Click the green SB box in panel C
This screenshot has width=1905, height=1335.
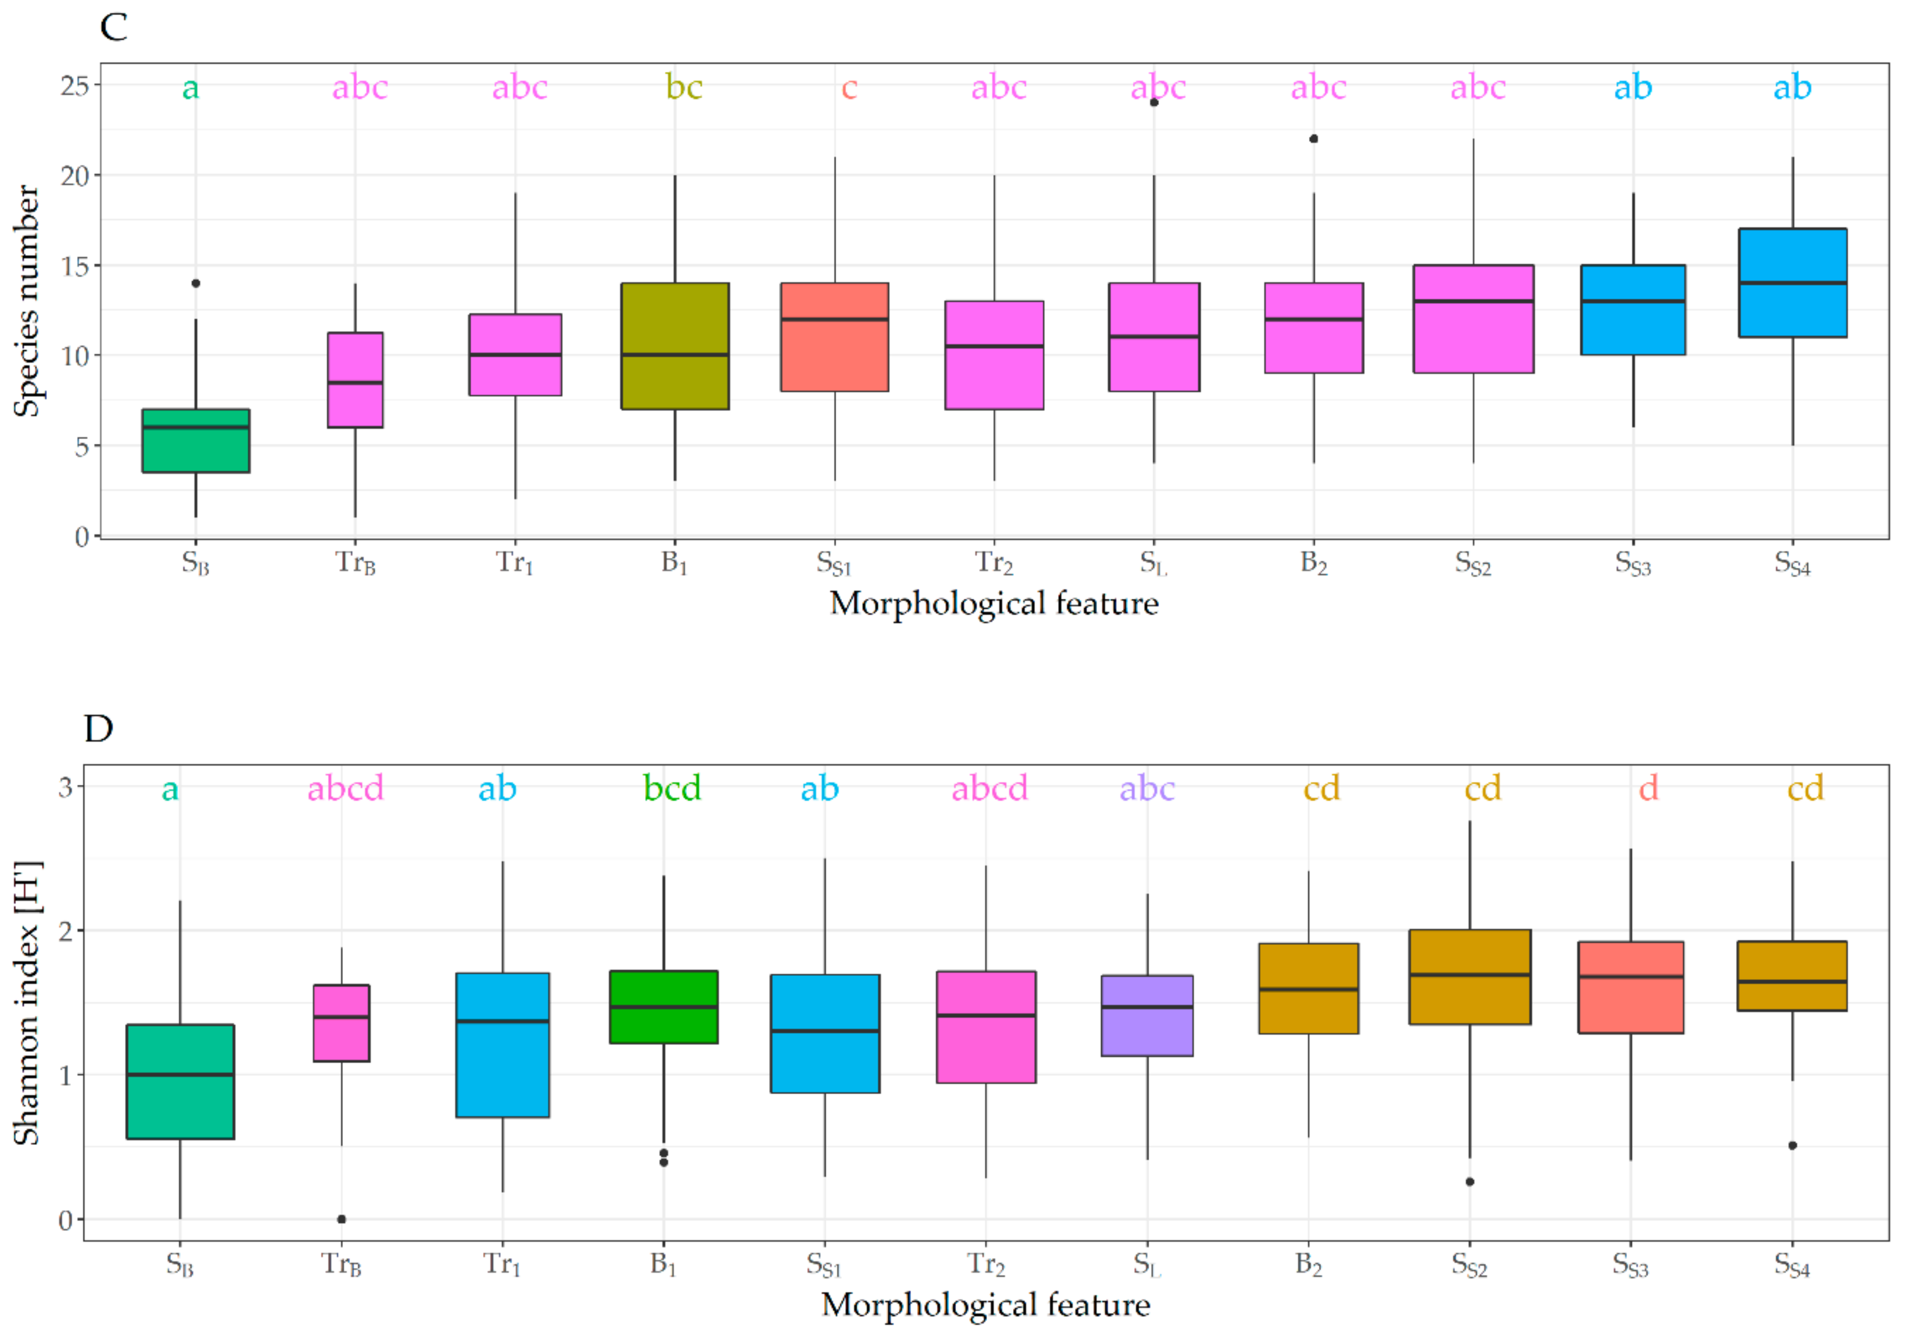click(196, 441)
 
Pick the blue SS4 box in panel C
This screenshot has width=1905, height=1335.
click(1792, 283)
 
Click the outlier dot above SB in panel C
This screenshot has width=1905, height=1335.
click(196, 284)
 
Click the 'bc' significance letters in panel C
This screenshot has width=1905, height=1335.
click(684, 87)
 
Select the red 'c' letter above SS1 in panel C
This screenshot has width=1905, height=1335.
click(849, 87)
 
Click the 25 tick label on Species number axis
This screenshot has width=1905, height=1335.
click(75, 85)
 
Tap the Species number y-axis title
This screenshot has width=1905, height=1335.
click(26, 300)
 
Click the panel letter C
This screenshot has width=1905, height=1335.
click(114, 27)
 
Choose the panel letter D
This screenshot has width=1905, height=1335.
click(99, 728)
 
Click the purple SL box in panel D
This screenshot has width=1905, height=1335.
click(1147, 1016)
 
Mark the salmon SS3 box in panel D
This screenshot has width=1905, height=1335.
click(1630, 987)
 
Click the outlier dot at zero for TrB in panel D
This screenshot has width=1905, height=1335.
click(341, 1219)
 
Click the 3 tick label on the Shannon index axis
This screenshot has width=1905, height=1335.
click(66, 786)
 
